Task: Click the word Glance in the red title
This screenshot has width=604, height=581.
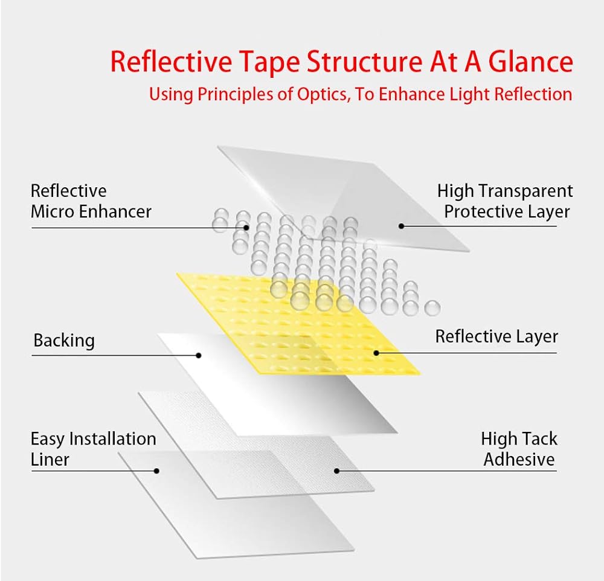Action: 531,62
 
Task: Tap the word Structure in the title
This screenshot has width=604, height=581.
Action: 364,62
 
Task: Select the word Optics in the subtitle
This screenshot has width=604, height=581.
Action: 323,95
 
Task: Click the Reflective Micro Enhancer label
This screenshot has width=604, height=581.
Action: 91,201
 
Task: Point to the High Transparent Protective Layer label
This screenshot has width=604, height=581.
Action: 505,201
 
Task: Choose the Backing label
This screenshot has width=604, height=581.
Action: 64,341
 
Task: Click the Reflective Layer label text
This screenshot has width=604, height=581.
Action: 496,337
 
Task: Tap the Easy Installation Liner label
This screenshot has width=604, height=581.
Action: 93,449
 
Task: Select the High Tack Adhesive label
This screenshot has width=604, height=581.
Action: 519,449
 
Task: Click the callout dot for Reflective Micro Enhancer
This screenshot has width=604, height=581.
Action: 246,228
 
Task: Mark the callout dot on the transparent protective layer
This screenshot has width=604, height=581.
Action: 402,226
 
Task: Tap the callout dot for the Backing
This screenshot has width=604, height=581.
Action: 199,355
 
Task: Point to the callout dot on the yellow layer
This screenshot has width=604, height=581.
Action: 376,353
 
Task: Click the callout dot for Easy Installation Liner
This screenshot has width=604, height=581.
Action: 156,471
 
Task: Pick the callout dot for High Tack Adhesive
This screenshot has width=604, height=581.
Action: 336,471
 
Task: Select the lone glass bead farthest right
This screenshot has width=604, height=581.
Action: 432,308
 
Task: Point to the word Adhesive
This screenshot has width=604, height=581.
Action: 519,459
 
